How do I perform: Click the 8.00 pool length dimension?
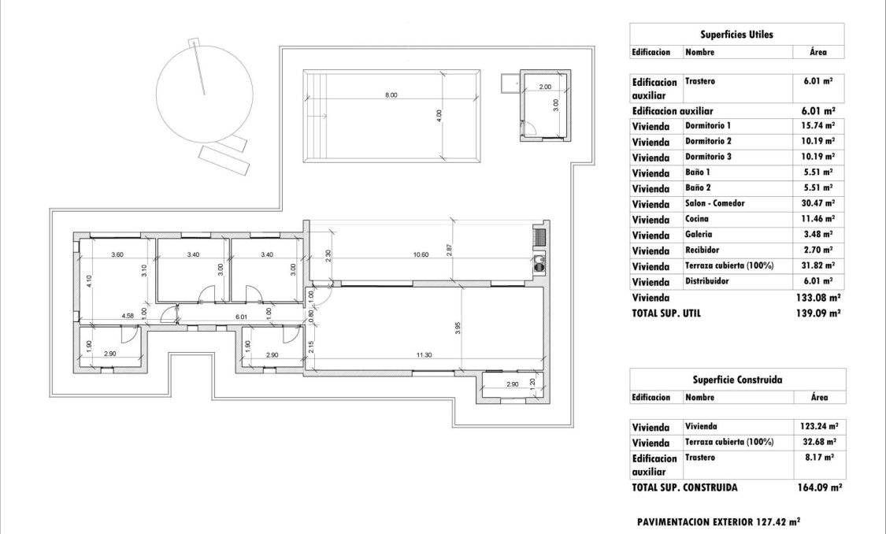pos(391,95)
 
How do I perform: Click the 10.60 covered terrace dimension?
pos(421,254)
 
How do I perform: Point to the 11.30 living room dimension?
pos(424,355)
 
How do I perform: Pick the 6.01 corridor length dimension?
pos(242,316)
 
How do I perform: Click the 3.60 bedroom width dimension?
pos(117,254)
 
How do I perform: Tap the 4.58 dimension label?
pos(128,316)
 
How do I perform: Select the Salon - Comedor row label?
pos(714,203)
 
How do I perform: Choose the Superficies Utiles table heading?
pos(736,35)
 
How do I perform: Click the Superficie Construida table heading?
pos(736,379)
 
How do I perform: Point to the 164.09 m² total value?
pos(819,488)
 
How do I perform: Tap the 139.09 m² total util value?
pos(818,313)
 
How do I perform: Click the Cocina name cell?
pos(698,219)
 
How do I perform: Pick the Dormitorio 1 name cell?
pos(708,125)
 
